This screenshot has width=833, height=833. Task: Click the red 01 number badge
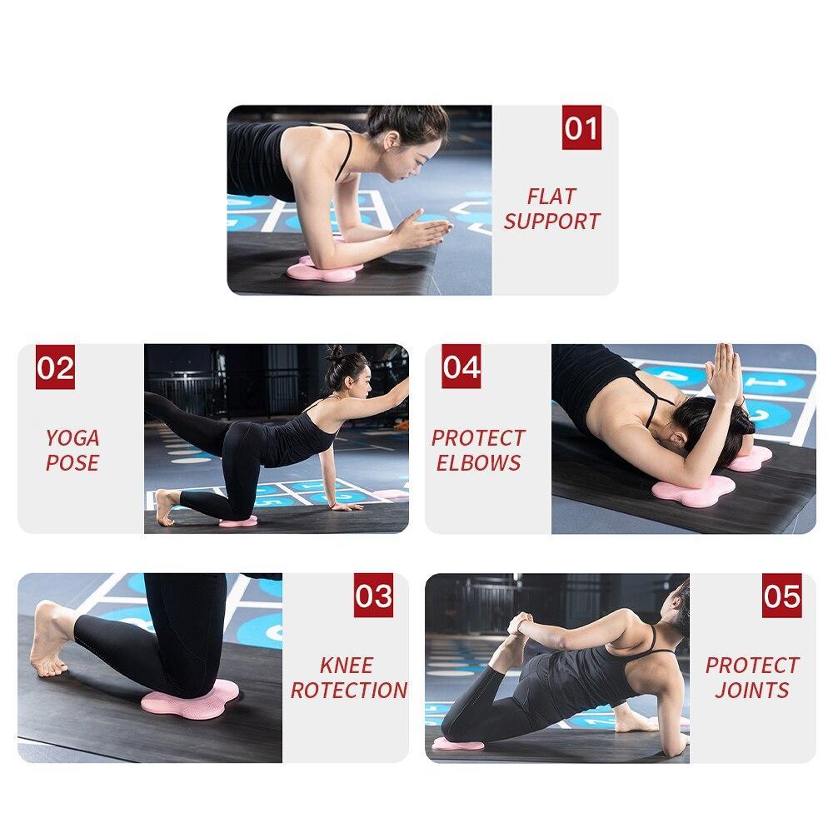coord(581,129)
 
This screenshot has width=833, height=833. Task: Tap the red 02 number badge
coord(55,368)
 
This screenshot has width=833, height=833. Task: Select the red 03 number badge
coord(373,596)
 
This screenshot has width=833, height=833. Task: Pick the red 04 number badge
coord(461,368)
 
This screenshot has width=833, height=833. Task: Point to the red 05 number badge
coord(781,596)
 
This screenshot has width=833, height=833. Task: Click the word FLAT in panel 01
coord(551,197)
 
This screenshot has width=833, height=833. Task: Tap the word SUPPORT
coord(551,222)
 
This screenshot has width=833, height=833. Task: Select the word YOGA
coord(72,438)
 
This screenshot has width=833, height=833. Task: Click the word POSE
coord(72,462)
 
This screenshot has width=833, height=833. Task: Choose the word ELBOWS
coord(478,462)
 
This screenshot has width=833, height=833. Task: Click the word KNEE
coord(347,666)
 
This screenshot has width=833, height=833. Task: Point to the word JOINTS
coord(751,690)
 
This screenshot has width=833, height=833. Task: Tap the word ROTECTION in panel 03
coord(348,690)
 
